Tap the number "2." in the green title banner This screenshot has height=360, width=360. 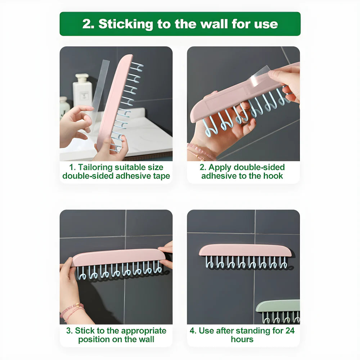[88, 24]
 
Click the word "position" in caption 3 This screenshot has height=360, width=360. [94, 339]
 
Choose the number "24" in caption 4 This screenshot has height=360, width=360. [289, 331]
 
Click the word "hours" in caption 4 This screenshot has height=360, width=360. [242, 339]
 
